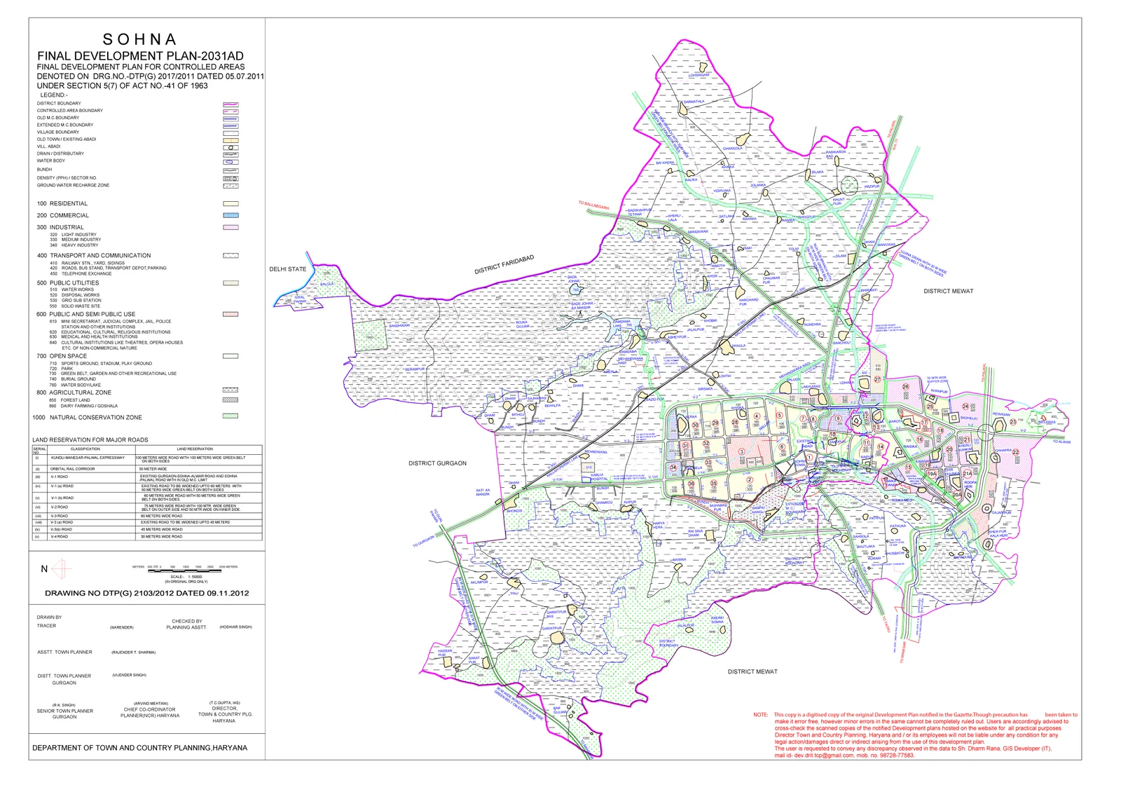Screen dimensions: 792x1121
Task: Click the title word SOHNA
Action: (140, 40)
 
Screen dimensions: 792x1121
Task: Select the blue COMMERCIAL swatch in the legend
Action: (231, 215)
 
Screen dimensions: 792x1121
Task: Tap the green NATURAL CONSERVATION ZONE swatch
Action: (231, 416)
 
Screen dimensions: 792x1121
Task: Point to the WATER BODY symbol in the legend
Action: (231, 161)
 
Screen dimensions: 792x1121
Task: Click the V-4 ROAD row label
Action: (59, 536)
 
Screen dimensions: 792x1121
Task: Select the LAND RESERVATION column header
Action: (195, 449)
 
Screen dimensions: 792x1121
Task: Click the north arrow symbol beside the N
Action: (61, 568)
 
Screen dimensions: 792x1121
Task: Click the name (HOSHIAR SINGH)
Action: (235, 627)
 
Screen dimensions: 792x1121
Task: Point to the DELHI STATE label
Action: (288, 269)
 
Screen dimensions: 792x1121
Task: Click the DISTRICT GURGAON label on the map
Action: (437, 463)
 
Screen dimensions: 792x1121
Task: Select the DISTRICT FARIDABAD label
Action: (504, 265)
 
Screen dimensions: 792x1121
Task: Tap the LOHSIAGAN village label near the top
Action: (699, 75)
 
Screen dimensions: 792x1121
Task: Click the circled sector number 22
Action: (1016, 452)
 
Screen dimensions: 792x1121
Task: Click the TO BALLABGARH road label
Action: (593, 205)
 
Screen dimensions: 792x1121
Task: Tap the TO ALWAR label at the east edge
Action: (1061, 442)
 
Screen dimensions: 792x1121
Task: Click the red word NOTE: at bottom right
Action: (760, 715)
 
